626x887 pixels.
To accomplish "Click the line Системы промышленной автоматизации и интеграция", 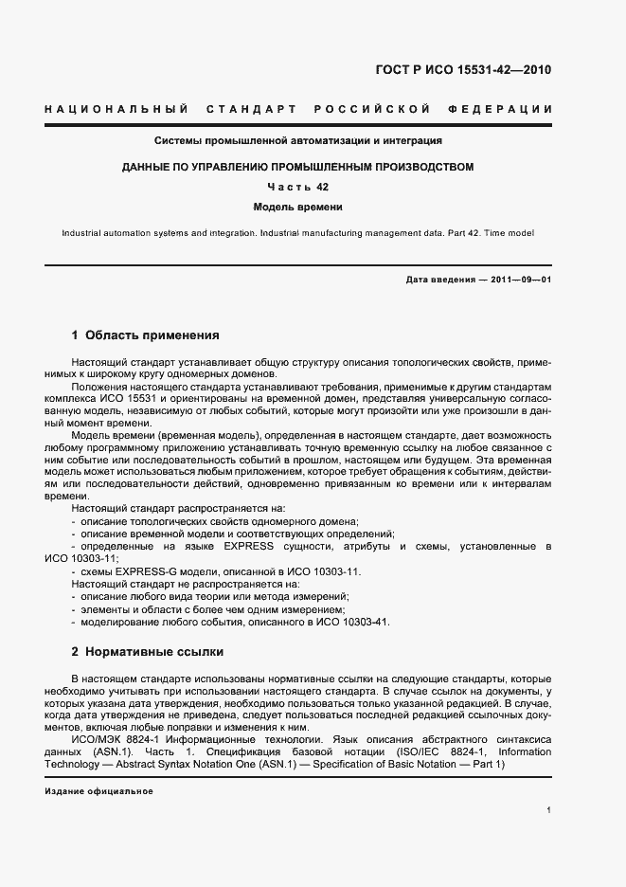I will [299, 141].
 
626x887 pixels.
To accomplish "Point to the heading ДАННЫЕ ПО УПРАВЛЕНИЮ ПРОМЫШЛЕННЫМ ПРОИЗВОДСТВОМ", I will [298, 167].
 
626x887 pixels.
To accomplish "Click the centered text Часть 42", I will [298, 187].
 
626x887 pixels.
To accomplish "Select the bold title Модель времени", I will [298, 207].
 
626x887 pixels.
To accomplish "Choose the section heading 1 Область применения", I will [146, 335].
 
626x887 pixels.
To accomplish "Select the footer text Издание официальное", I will [98, 791].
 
